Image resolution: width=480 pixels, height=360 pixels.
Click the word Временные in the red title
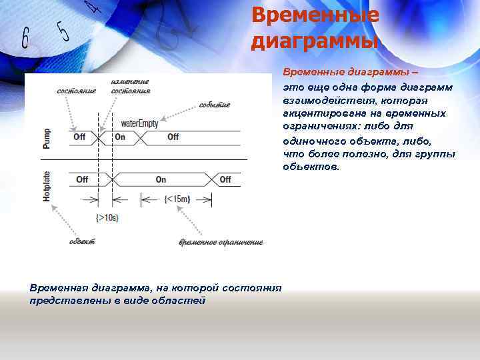tap(315, 15)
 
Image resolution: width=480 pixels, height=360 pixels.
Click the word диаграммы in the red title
tap(315, 41)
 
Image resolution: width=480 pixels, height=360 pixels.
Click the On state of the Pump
tap(120, 137)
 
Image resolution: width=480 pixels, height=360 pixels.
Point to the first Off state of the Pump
tap(79, 137)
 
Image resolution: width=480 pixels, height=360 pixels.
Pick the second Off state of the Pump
tap(173, 137)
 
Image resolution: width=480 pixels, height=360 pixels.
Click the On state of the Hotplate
tap(161, 179)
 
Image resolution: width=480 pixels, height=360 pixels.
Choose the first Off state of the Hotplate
tap(82, 179)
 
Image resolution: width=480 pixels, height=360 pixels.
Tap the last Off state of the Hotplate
tap(225, 179)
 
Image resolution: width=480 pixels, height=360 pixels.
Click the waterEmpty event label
tap(139, 124)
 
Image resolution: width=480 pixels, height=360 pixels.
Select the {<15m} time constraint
tap(178, 198)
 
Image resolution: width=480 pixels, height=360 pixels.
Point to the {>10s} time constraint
tap(107, 217)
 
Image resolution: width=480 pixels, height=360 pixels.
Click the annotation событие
tap(215, 105)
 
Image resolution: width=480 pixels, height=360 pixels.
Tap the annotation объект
tap(82, 241)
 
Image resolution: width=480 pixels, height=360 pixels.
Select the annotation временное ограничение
tap(221, 242)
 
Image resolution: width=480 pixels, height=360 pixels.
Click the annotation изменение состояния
tap(131, 86)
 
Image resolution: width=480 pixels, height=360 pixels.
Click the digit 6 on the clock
tap(25, 38)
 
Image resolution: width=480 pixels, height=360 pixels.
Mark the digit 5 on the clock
tap(63, 30)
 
